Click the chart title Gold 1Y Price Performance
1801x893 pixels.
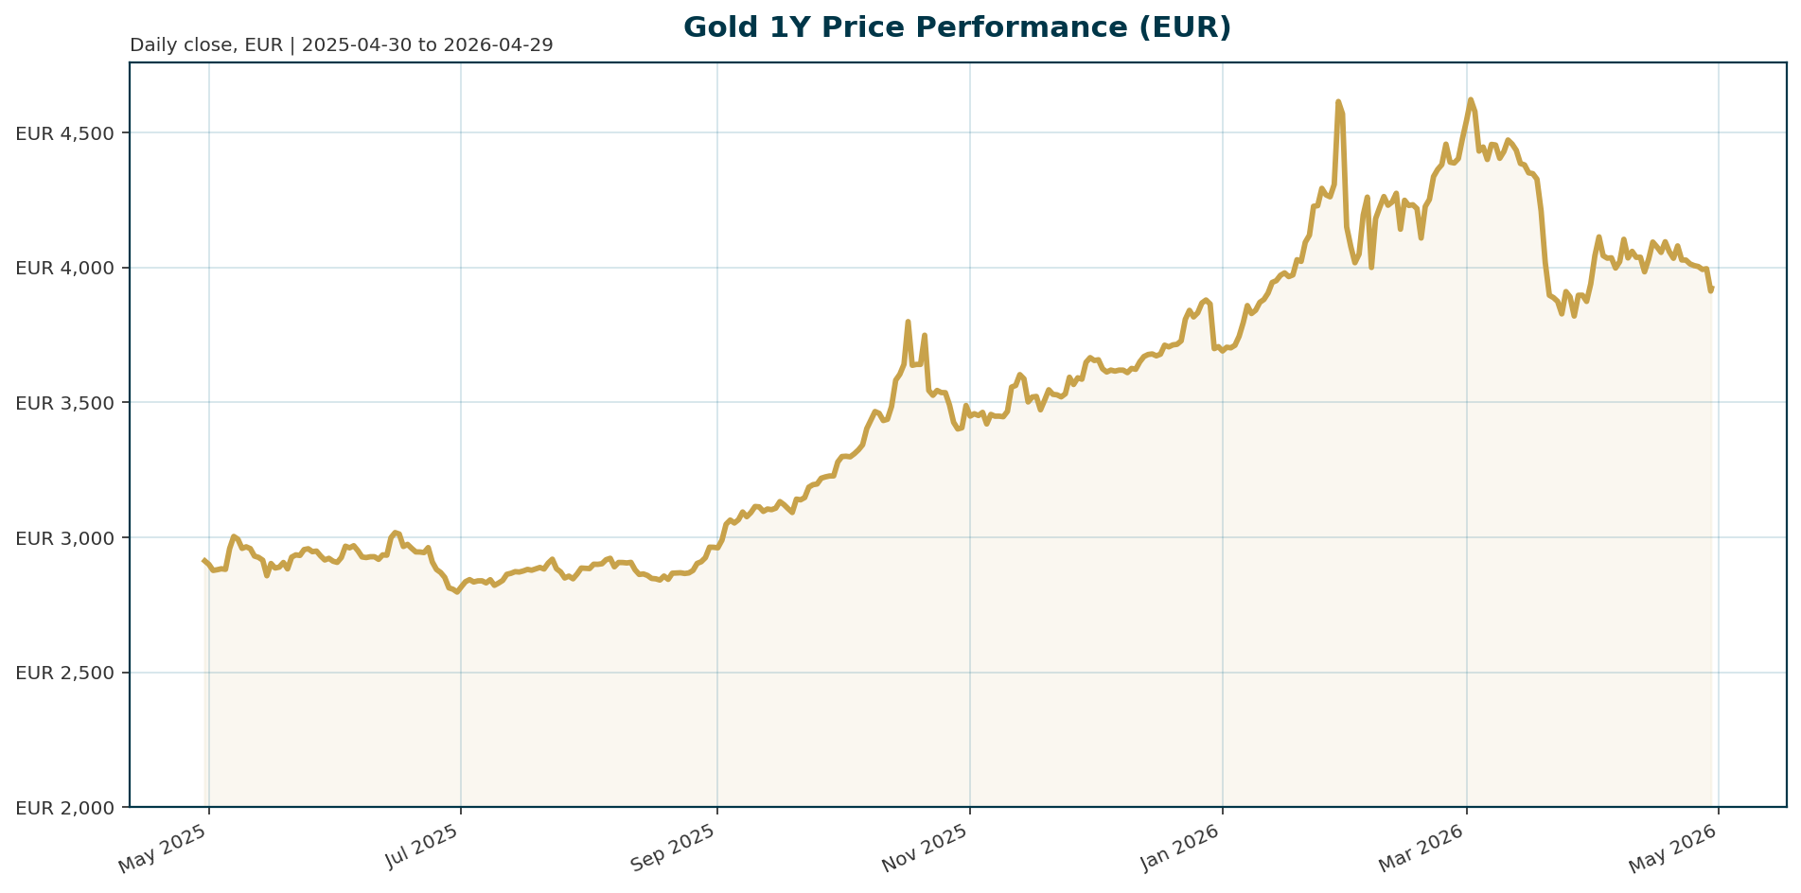point(957,27)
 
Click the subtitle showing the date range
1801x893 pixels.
point(341,45)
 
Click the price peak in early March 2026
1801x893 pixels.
point(1470,99)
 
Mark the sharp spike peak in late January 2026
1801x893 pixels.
point(1338,101)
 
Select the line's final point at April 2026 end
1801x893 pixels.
point(1712,288)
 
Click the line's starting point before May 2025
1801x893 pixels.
point(204,560)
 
